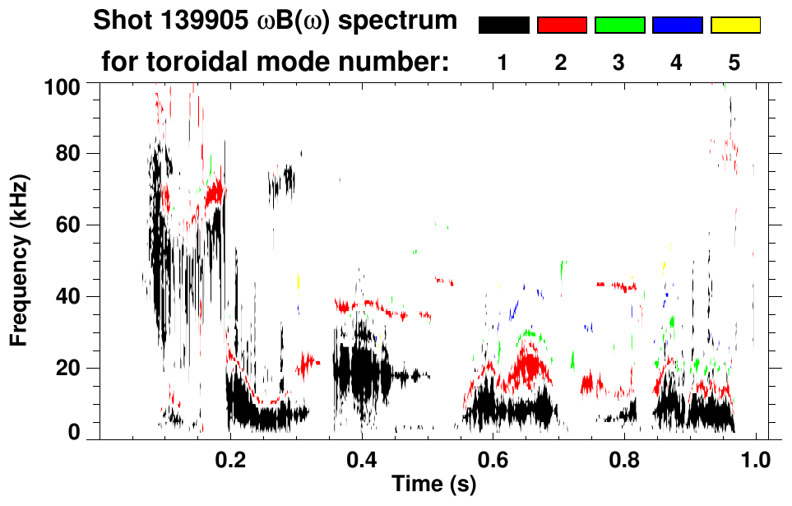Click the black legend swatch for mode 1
point(503,26)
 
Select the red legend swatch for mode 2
point(562,26)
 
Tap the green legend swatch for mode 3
point(619,26)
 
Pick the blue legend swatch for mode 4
point(677,26)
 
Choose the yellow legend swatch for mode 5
point(735,26)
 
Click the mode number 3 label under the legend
point(618,63)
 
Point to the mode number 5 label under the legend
point(734,63)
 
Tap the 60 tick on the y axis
point(69,225)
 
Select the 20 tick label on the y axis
point(69,367)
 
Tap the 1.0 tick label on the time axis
point(756,458)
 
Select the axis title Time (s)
point(433,485)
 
